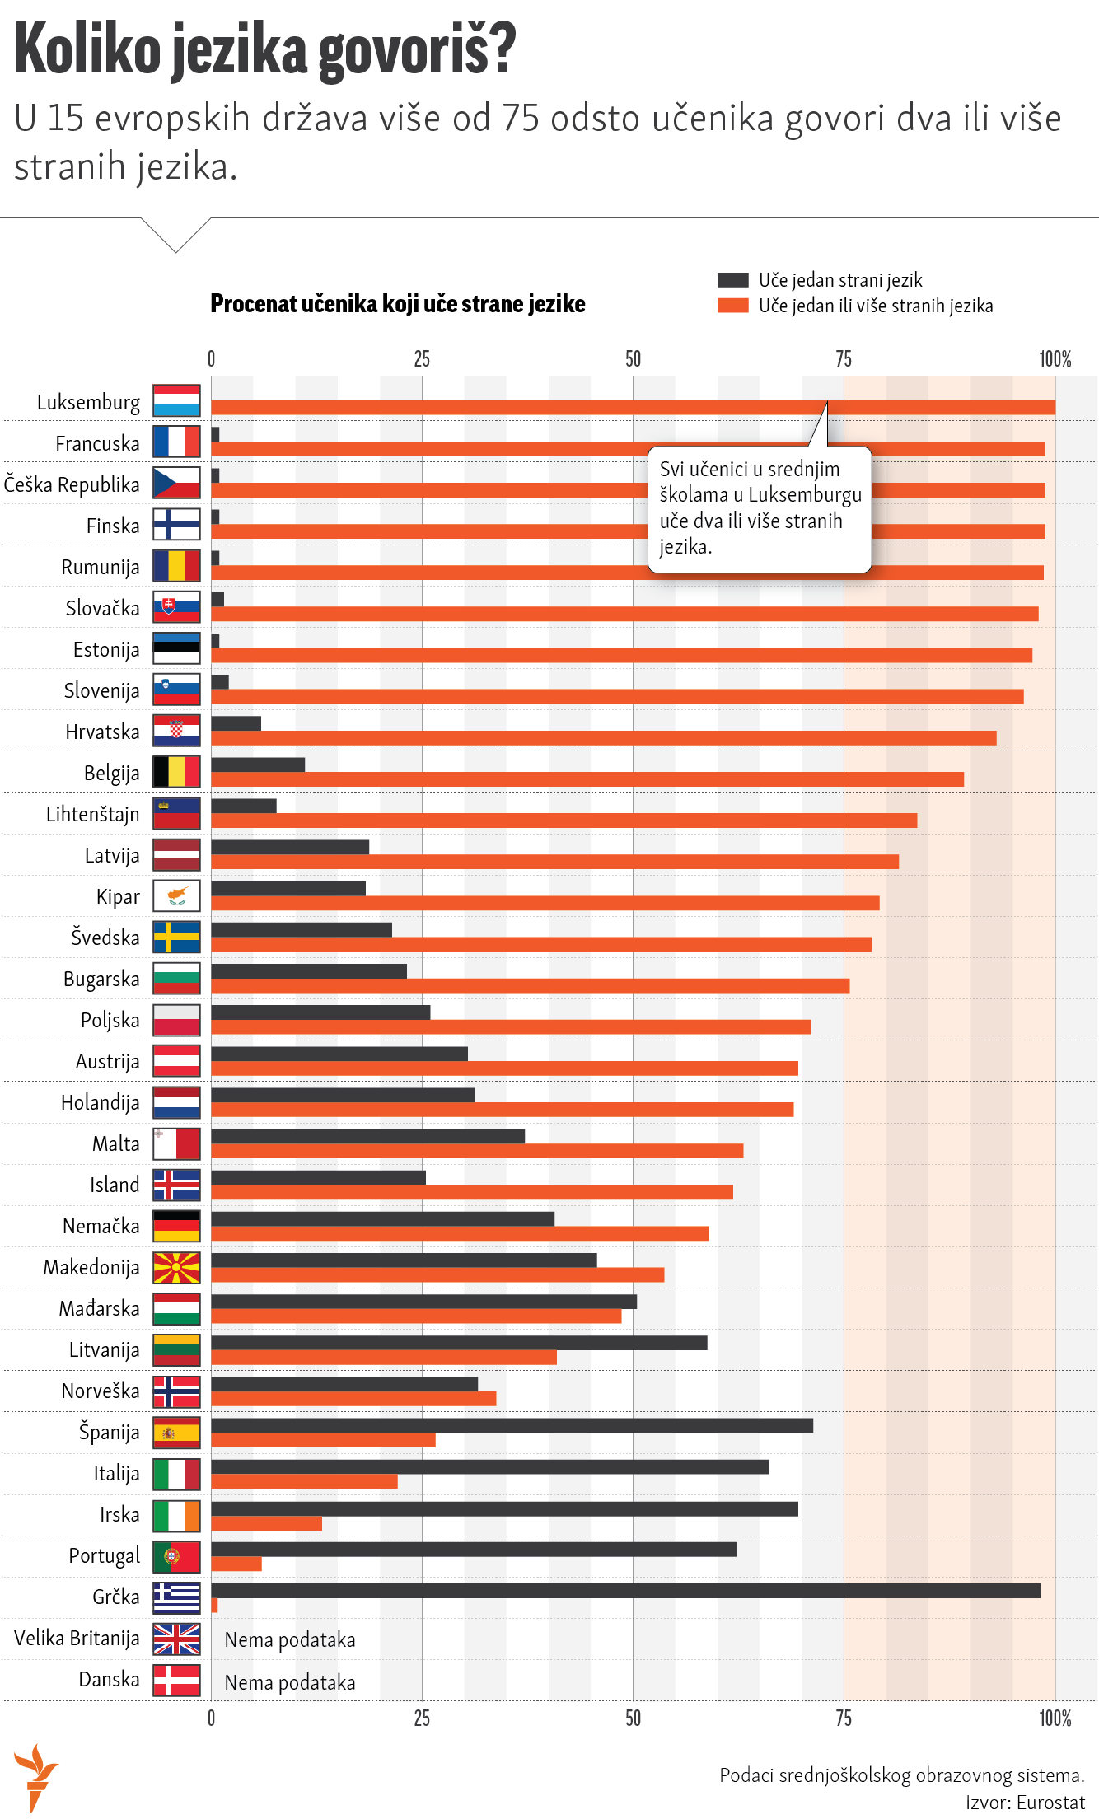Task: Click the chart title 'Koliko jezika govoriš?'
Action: point(265,51)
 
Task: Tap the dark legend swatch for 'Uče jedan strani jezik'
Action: point(732,280)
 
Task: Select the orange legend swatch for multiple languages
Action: point(732,306)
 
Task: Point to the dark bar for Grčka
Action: point(625,1590)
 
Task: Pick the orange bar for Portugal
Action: point(236,1564)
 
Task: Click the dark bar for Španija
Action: point(512,1425)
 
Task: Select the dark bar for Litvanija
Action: point(459,1343)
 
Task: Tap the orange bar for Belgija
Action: point(587,779)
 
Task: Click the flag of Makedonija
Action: point(176,1268)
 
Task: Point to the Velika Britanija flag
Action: point(176,1639)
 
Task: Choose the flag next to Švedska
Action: point(176,938)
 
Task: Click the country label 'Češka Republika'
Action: point(72,484)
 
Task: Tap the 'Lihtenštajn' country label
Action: point(92,814)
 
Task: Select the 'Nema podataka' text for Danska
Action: point(290,1682)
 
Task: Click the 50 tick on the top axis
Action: point(633,359)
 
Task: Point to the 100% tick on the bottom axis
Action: point(1055,1718)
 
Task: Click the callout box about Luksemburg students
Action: point(760,508)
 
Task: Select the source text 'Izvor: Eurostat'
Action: point(1025,1803)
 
